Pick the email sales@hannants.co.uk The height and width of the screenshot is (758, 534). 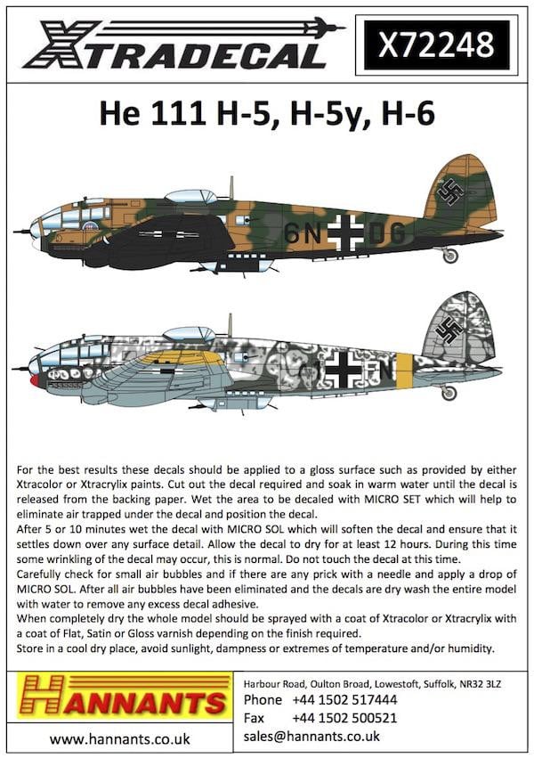(x=311, y=736)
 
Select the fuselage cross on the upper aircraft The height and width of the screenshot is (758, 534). (x=345, y=233)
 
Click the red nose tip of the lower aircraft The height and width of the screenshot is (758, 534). (x=35, y=380)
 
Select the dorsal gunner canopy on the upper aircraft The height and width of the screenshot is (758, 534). (x=191, y=195)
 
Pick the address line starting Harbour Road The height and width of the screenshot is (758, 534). (x=376, y=681)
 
